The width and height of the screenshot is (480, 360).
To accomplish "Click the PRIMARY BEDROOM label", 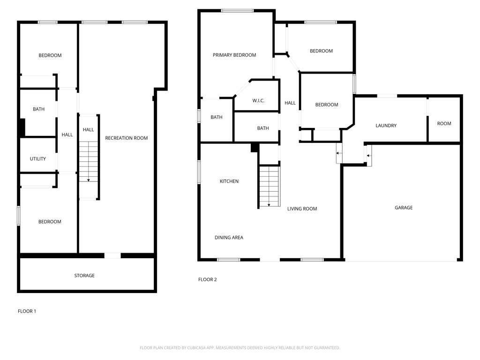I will pyautogui.click(x=234, y=55).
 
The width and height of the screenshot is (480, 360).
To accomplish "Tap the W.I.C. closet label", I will pyautogui.click(x=259, y=101).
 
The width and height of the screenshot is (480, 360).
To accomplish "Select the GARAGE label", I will pyautogui.click(x=403, y=208).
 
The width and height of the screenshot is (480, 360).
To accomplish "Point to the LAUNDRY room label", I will pyautogui.click(x=386, y=126).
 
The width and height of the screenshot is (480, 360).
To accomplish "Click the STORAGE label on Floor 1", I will pyautogui.click(x=84, y=276).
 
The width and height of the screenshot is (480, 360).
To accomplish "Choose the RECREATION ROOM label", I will pyautogui.click(x=126, y=138).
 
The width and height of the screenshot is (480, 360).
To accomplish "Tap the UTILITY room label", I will pyautogui.click(x=38, y=159).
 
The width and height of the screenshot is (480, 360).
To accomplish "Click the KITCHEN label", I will pyautogui.click(x=229, y=181).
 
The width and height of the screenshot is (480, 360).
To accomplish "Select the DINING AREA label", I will pyautogui.click(x=229, y=238).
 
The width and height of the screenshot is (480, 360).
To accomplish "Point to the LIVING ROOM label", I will pyautogui.click(x=302, y=209).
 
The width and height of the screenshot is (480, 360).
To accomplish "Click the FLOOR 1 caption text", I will pyautogui.click(x=27, y=311).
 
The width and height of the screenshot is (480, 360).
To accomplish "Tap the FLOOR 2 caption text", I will pyautogui.click(x=208, y=280).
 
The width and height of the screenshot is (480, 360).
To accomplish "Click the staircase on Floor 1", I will pyautogui.click(x=88, y=162).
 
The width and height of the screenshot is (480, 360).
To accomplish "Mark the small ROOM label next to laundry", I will pyautogui.click(x=444, y=124).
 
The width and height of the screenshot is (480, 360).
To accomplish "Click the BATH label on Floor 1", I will pyautogui.click(x=39, y=110).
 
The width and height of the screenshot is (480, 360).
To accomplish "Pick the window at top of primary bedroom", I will pyautogui.click(x=237, y=10).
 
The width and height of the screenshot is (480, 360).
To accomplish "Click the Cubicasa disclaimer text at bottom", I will pyautogui.click(x=240, y=348).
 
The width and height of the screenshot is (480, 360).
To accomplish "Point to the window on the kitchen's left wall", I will pyautogui.click(x=199, y=172).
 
